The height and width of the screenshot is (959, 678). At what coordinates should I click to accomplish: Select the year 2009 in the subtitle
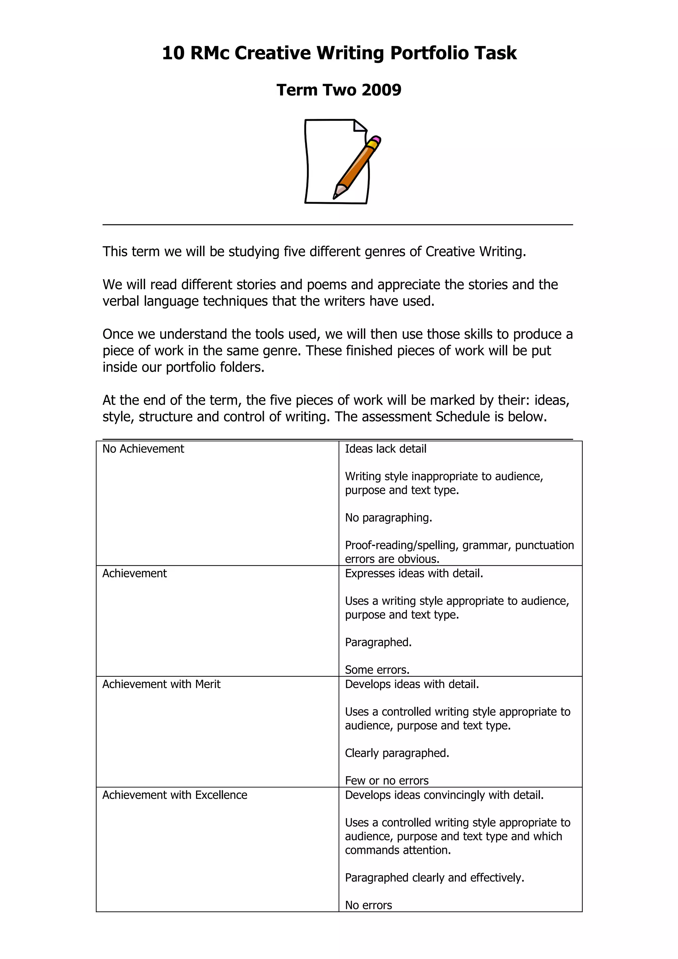click(381, 90)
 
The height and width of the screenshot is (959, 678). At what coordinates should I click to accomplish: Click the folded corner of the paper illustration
click(359, 126)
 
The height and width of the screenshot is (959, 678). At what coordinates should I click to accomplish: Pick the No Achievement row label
click(143, 449)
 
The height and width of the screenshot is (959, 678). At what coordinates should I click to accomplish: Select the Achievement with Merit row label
click(161, 684)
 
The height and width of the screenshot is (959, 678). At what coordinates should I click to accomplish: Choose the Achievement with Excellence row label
click(174, 795)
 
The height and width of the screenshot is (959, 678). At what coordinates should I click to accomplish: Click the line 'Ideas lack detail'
click(386, 449)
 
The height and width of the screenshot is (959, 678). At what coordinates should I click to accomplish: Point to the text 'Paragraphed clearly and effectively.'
click(434, 878)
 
